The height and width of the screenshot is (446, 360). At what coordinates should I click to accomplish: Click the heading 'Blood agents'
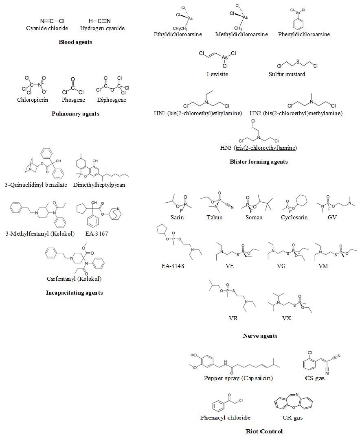[75, 42]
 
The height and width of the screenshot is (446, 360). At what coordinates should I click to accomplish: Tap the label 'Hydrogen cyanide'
[102, 28]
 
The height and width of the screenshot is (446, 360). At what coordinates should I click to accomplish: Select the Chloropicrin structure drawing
[33, 85]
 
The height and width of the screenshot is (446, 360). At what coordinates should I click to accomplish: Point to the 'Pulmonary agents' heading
[75, 114]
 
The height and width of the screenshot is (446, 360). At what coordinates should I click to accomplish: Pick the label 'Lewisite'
[217, 74]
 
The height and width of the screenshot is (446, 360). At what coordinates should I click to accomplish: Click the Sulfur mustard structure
[298, 63]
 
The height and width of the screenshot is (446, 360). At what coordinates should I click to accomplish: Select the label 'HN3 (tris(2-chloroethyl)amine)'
[259, 147]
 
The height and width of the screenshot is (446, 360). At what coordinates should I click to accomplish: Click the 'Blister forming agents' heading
[259, 162]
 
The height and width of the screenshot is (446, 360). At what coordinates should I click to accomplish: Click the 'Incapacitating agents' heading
[74, 293]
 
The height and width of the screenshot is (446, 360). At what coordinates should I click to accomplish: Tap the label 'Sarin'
[177, 217]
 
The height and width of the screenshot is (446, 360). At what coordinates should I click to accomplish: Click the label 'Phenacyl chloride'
[225, 418]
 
